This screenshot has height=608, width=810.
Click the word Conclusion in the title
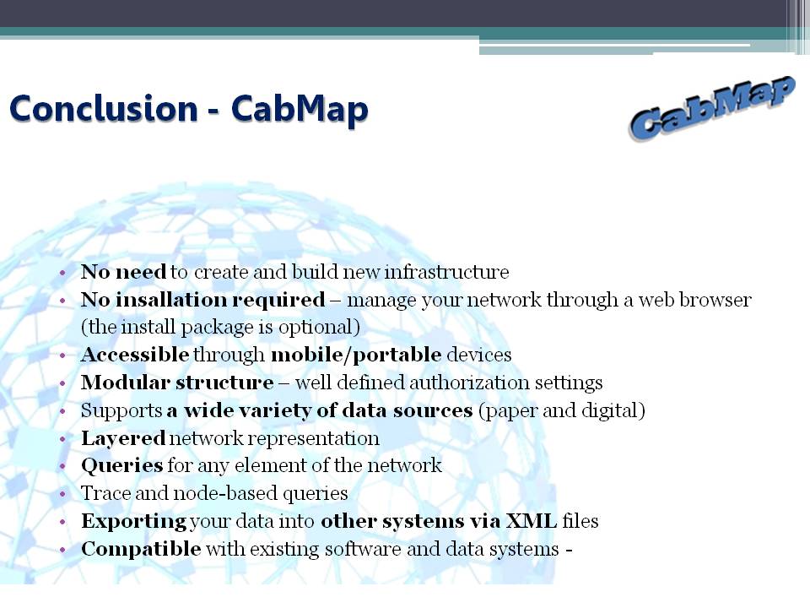point(103,109)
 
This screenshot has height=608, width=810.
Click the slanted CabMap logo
point(712,107)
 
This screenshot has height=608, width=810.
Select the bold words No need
point(123,271)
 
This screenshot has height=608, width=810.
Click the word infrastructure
point(446,271)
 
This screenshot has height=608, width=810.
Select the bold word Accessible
point(135,355)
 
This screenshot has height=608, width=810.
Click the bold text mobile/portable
point(356,355)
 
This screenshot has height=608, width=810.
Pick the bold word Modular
point(126,383)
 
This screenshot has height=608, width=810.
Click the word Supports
point(121,411)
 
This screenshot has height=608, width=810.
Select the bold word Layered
point(123,438)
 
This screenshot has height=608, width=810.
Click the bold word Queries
point(121,466)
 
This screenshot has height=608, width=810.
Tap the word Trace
point(105,493)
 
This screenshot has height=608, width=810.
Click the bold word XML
point(531,521)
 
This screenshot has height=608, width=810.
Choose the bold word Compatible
point(141,549)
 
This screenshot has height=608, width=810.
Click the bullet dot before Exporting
point(63,522)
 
